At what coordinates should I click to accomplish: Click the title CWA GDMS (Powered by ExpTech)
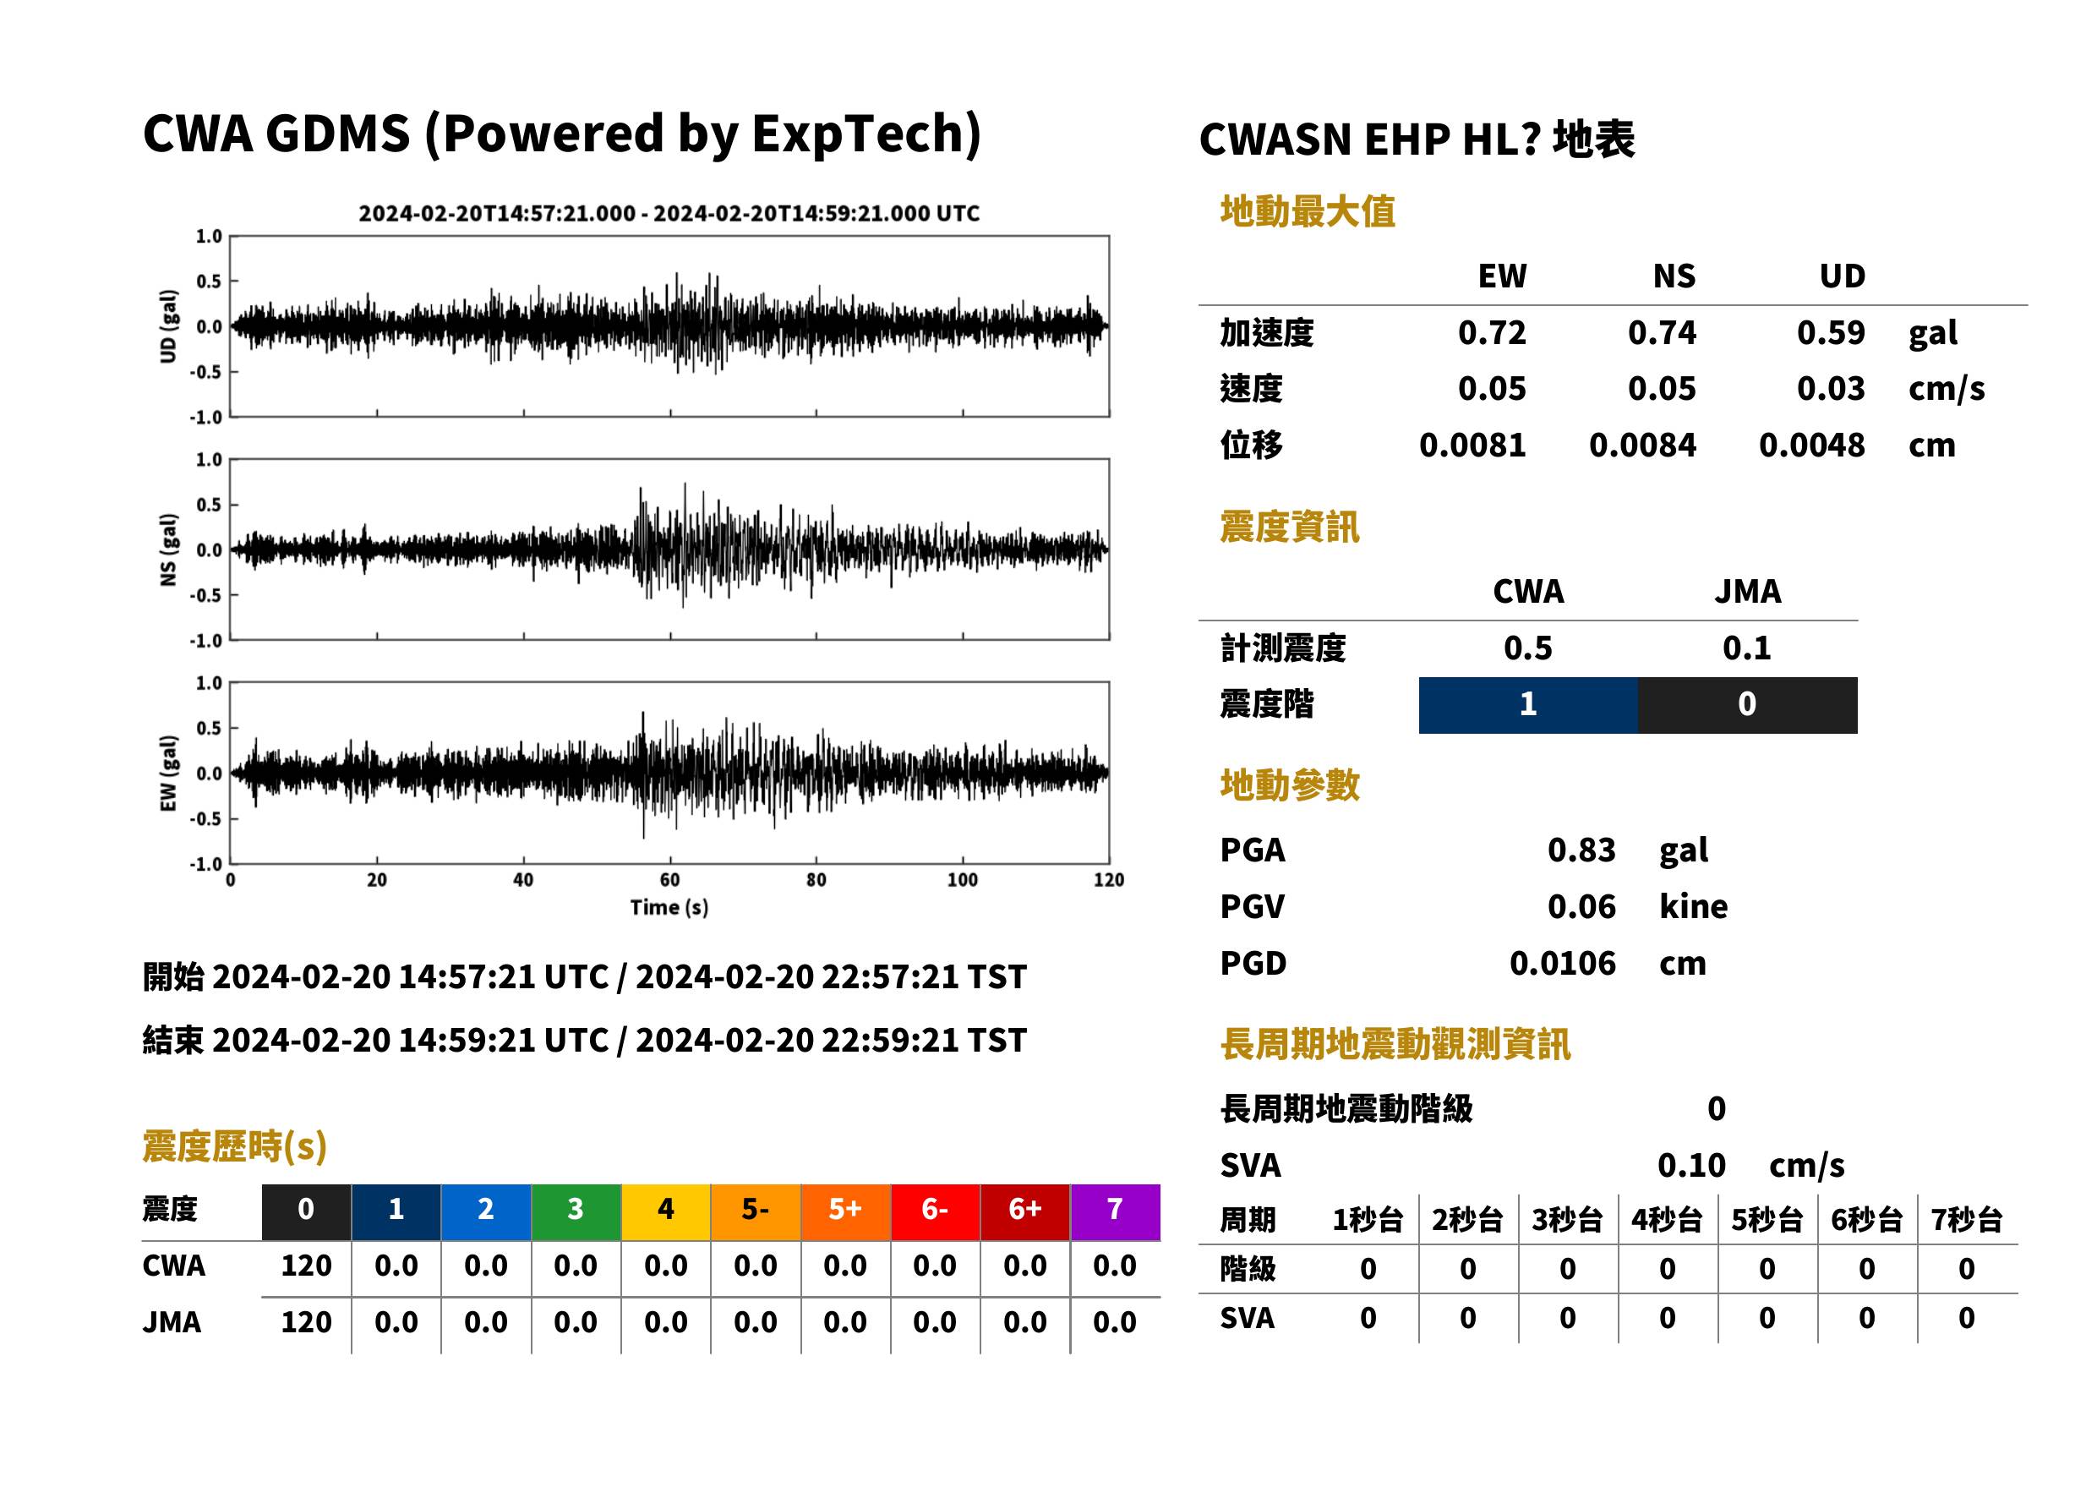[x=561, y=134]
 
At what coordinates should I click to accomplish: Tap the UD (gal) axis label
[x=168, y=326]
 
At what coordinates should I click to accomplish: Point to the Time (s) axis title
[x=669, y=908]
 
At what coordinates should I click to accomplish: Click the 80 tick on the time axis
[x=816, y=880]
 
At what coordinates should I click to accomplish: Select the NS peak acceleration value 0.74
[x=1662, y=333]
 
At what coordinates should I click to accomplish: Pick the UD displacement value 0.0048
[x=1812, y=446]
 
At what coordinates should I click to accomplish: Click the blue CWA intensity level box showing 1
[x=1528, y=705]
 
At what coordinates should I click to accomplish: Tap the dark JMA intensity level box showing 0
[x=1748, y=705]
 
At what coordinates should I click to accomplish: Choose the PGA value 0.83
[x=1581, y=850]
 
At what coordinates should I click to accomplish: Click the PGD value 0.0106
[x=1563, y=964]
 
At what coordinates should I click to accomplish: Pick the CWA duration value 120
[x=306, y=1266]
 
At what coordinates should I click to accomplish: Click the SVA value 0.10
[x=1691, y=1166]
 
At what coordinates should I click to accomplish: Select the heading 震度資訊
[x=1289, y=528]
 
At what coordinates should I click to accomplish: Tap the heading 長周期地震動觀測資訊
[x=1395, y=1044]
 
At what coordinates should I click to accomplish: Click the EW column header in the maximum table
[x=1502, y=276]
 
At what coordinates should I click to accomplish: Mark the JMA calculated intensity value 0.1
[x=1746, y=648]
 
